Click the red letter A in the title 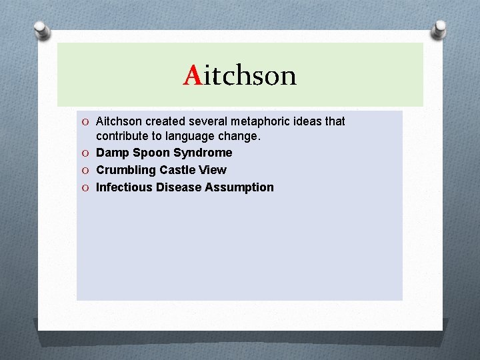193,76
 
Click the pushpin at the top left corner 42,29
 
